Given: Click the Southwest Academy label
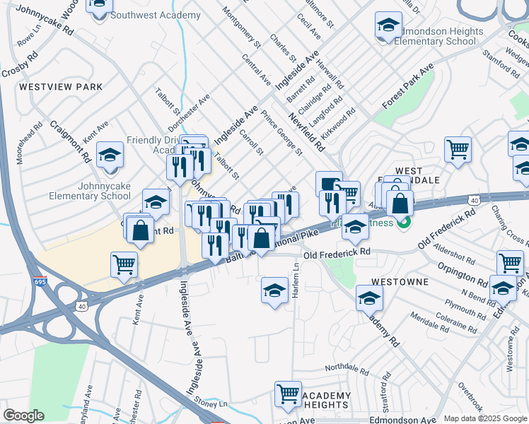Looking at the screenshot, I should pos(156,15).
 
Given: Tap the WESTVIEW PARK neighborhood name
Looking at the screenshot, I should pos(61,87).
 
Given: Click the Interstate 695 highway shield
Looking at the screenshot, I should pos(40,282).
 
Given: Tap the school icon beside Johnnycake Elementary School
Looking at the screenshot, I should pos(110,155).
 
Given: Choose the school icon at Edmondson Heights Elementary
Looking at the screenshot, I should pos(388,26).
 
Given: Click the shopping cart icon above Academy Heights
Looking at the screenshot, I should pos(288,394).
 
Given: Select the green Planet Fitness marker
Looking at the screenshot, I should pos(404,224).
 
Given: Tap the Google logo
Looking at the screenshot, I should pos(24,416).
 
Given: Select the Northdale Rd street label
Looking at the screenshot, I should pos(347,370).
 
